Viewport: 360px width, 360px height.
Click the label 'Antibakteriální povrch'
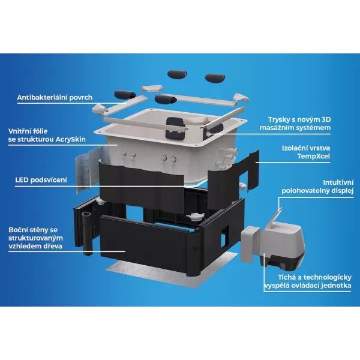(x=55, y=98)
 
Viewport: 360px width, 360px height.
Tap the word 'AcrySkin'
(x=71, y=139)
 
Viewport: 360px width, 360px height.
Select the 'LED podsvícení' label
(x=41, y=180)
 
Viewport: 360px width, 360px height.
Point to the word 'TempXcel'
(x=314, y=157)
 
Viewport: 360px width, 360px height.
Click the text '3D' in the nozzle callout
(x=325, y=119)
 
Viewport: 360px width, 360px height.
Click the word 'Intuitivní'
(x=338, y=183)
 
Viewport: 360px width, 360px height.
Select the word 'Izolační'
(x=294, y=148)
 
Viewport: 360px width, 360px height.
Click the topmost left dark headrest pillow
(x=177, y=74)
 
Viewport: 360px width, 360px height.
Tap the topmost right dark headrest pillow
(x=215, y=78)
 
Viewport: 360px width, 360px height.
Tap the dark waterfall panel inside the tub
(x=175, y=128)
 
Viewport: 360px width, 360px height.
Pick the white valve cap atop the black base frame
(x=195, y=216)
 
